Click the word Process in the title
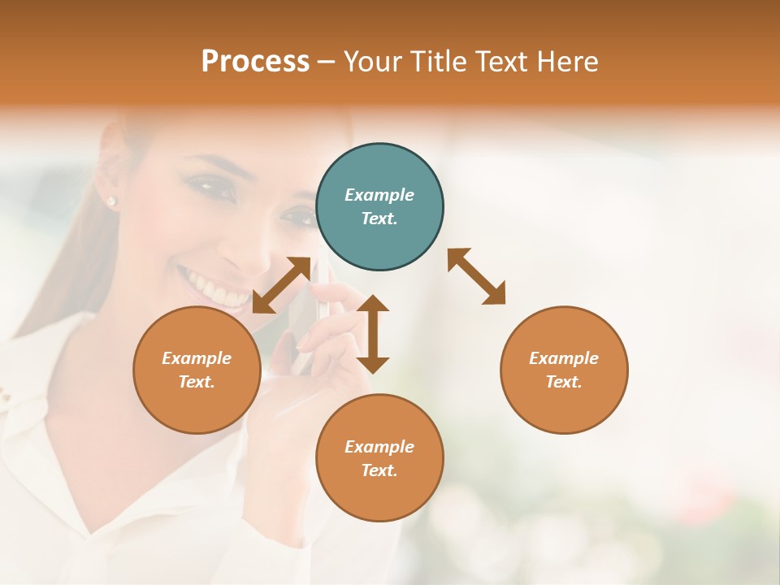point(255,62)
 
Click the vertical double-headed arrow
point(373,334)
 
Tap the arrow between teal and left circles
point(282,285)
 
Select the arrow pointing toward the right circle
point(477,276)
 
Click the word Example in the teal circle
point(379,195)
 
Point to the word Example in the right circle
point(564,358)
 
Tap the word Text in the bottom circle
point(379,470)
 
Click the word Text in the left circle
point(197,382)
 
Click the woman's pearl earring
point(111,200)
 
